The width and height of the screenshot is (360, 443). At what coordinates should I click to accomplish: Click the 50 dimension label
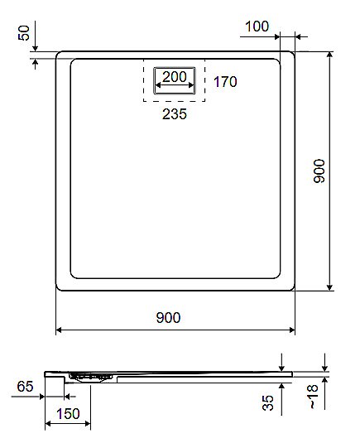[x=24, y=33]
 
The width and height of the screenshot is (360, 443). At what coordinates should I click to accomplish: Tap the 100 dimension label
[x=257, y=26]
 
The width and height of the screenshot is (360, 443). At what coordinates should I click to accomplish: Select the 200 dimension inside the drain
[x=175, y=76]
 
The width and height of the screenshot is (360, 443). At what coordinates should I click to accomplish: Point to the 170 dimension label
[x=225, y=82]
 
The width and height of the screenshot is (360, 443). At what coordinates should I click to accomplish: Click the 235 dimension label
[x=175, y=114]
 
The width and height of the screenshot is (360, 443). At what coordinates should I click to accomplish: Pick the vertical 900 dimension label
[x=319, y=171]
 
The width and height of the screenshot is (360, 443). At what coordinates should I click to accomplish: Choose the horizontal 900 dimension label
[x=168, y=318]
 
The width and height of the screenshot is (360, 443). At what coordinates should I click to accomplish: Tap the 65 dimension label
[x=25, y=386]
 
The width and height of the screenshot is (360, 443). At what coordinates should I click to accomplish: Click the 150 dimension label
[x=68, y=414]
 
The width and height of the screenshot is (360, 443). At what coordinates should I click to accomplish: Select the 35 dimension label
[x=268, y=402]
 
